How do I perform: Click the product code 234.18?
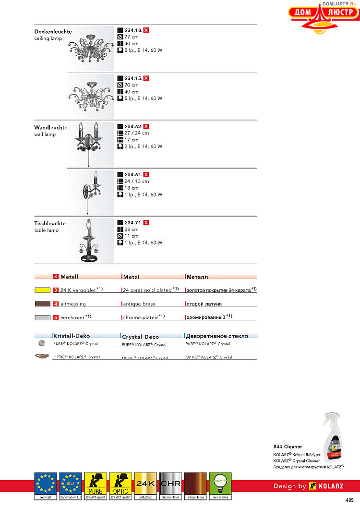pos(133,30)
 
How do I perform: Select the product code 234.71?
pos(133,223)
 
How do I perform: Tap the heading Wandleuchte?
pos(50,127)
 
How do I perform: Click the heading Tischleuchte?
pos(50,223)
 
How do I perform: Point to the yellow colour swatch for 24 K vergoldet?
pos(43,291)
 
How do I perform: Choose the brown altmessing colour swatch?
pos(43,304)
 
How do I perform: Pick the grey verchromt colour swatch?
pos(43,317)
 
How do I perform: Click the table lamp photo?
pos(91,239)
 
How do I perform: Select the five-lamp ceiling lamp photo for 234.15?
pos(91,95)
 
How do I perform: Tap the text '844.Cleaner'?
pos(288,447)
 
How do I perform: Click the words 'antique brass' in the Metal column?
pos(139,304)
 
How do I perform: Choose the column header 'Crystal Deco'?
pos(140,337)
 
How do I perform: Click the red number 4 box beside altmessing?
pos(56,304)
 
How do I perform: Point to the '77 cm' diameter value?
pos(131,37)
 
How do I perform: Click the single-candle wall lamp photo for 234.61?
pos(91,191)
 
